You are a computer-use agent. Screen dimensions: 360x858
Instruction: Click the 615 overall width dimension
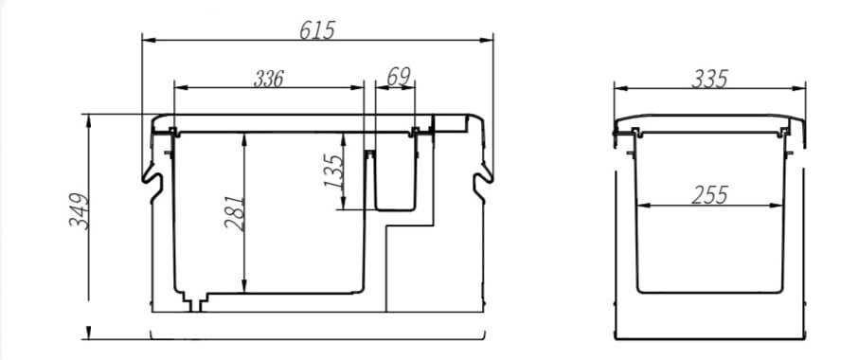click(x=317, y=29)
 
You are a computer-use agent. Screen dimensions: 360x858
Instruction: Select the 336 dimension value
click(x=269, y=78)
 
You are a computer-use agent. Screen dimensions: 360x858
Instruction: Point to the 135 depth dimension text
click(x=334, y=171)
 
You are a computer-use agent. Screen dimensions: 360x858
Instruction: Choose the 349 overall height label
click(x=80, y=210)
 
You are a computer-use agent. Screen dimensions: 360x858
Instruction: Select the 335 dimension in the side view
click(x=710, y=79)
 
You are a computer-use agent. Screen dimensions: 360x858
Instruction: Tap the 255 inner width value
click(x=709, y=194)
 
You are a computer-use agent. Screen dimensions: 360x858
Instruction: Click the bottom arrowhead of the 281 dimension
click(x=245, y=289)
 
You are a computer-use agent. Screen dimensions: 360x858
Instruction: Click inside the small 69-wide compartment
click(x=396, y=180)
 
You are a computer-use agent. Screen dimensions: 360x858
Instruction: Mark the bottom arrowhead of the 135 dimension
click(x=345, y=206)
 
